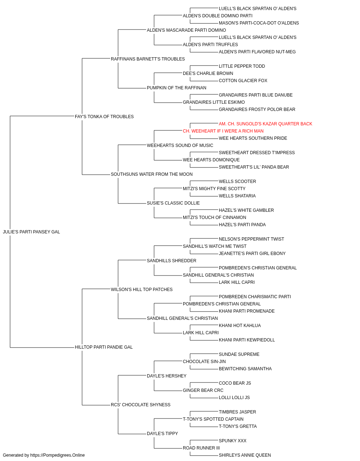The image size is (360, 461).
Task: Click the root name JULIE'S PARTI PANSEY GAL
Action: click(x=31, y=232)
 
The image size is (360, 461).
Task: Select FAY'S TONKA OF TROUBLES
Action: click(x=104, y=117)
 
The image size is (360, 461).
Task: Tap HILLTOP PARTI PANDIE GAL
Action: click(x=104, y=347)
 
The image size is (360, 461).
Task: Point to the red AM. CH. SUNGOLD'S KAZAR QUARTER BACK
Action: click(x=265, y=124)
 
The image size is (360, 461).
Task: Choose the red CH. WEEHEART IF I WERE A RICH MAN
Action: click(x=223, y=131)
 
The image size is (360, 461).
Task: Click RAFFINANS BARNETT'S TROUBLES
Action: click(x=148, y=59)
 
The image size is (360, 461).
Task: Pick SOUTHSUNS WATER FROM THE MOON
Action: click(x=152, y=174)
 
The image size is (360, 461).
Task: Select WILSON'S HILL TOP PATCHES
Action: click(x=141, y=289)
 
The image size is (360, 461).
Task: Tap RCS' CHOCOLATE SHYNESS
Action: click(x=140, y=404)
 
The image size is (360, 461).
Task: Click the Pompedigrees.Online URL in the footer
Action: click(x=57, y=455)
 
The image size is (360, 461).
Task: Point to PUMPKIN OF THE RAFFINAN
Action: click(x=176, y=88)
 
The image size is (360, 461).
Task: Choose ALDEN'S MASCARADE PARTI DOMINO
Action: click(x=186, y=30)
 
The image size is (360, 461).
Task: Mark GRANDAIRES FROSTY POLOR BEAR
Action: click(x=257, y=109)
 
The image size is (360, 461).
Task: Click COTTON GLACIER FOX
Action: click(x=243, y=81)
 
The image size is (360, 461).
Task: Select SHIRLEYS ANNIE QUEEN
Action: click(x=245, y=455)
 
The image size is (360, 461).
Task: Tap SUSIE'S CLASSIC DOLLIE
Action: click(x=173, y=203)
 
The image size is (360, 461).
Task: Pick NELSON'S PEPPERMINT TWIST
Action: click(x=251, y=239)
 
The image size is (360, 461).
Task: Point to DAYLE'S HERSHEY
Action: click(x=167, y=376)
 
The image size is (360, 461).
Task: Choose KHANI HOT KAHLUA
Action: click(x=240, y=326)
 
